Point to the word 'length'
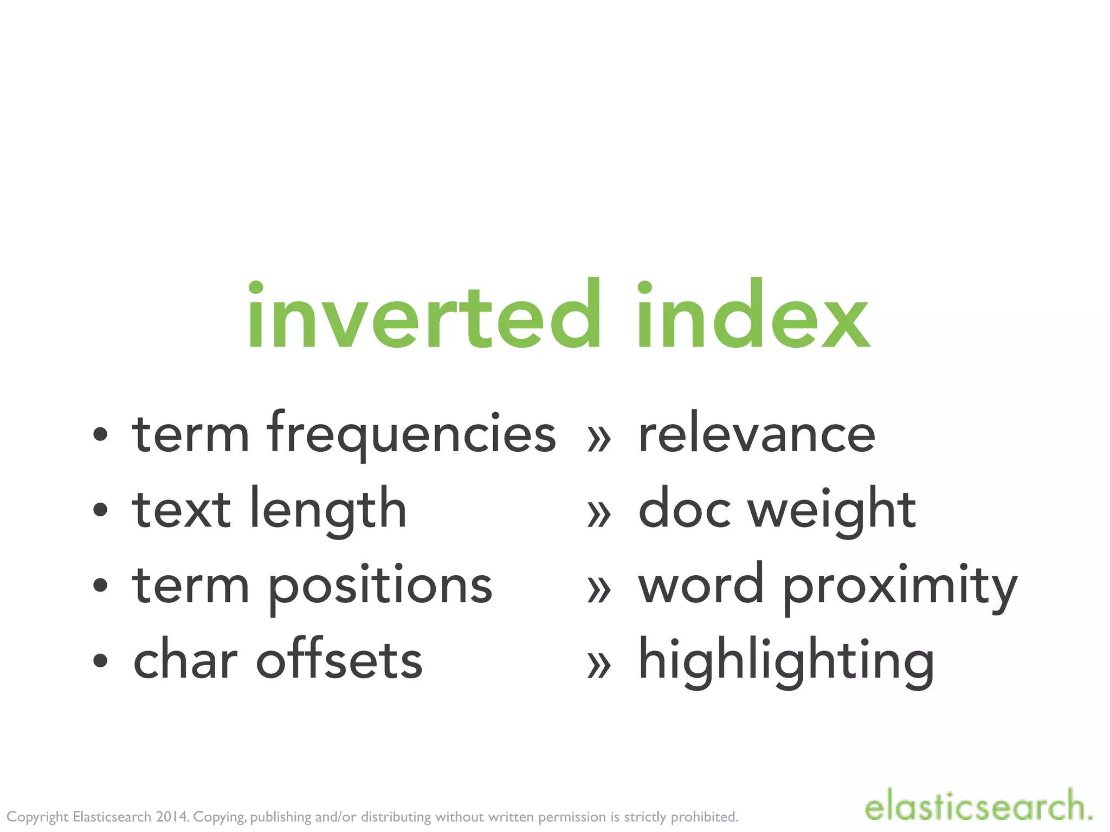click(328, 510)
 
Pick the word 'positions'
click(379, 586)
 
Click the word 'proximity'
click(900, 586)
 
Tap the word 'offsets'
click(339, 661)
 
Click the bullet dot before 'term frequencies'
click(100, 434)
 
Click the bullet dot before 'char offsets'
click(100, 660)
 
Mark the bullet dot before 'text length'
click(100, 509)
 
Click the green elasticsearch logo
click(978, 807)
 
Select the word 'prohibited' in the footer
click(704, 817)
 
